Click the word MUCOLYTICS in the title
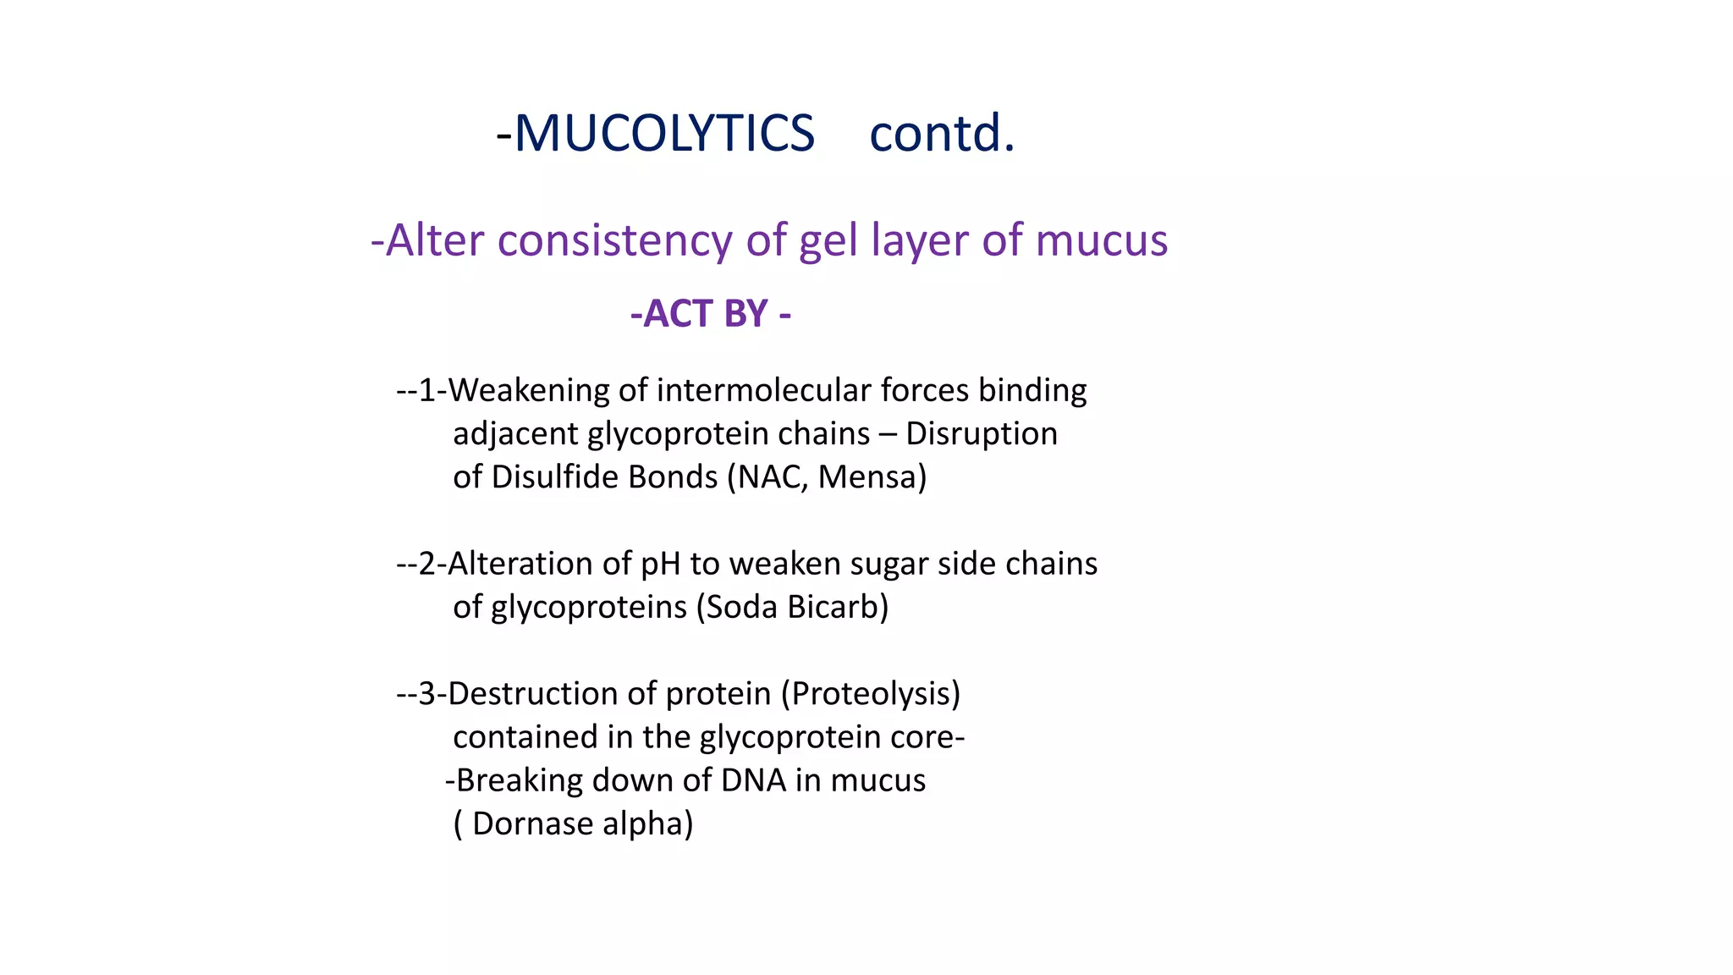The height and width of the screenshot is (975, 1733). tap(664, 134)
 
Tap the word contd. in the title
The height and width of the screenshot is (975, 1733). tap(942, 134)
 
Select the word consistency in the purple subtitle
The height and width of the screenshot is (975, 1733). tap(614, 240)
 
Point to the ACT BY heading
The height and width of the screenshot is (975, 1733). tap(711, 314)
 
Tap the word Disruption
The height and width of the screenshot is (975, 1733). tap(982, 433)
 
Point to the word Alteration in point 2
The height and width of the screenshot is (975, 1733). tap(520, 564)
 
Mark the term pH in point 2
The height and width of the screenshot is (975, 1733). tap(660, 564)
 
